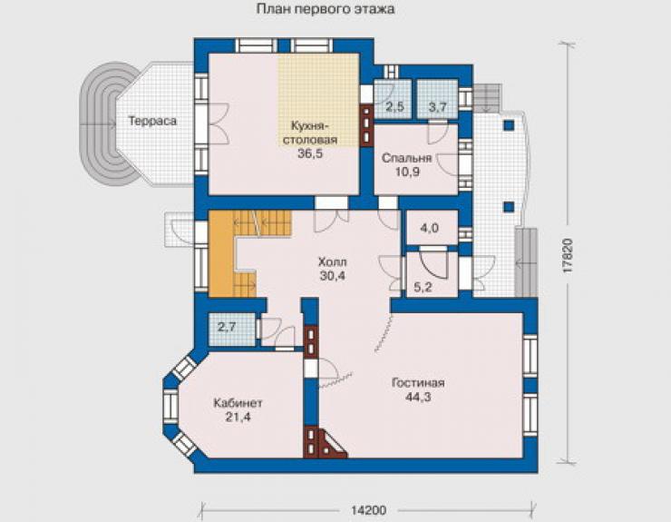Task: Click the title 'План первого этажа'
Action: point(326,9)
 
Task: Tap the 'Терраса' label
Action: point(152,121)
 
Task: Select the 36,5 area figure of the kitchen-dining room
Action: point(310,153)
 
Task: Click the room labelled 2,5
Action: point(394,99)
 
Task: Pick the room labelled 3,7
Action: point(438,99)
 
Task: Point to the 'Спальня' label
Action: point(406,158)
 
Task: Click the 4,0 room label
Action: point(429,228)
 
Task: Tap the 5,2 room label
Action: point(423,287)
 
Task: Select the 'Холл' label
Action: point(333,261)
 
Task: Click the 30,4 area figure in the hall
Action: point(333,276)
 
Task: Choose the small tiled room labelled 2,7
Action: point(232,330)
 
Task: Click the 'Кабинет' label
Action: point(238,403)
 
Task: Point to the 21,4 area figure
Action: point(238,417)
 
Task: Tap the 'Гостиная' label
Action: point(418,383)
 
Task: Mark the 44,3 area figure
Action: point(418,398)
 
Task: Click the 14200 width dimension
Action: point(368,510)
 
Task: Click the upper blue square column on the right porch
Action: point(509,125)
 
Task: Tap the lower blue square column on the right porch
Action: point(509,207)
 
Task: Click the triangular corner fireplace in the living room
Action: point(332,446)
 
